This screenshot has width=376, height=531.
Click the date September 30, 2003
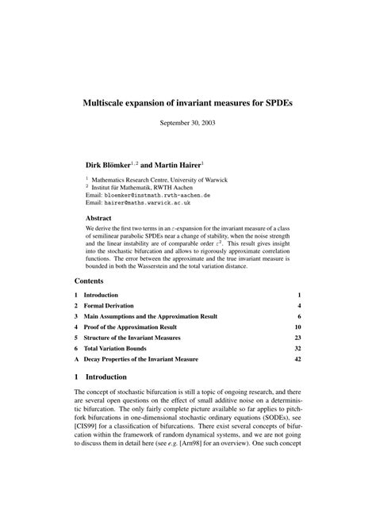(x=188, y=123)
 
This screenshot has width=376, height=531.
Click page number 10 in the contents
(x=297, y=327)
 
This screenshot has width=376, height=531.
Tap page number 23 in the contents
(x=297, y=338)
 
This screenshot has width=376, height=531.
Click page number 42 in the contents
(x=297, y=359)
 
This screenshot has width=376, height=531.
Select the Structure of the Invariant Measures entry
(x=132, y=338)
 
